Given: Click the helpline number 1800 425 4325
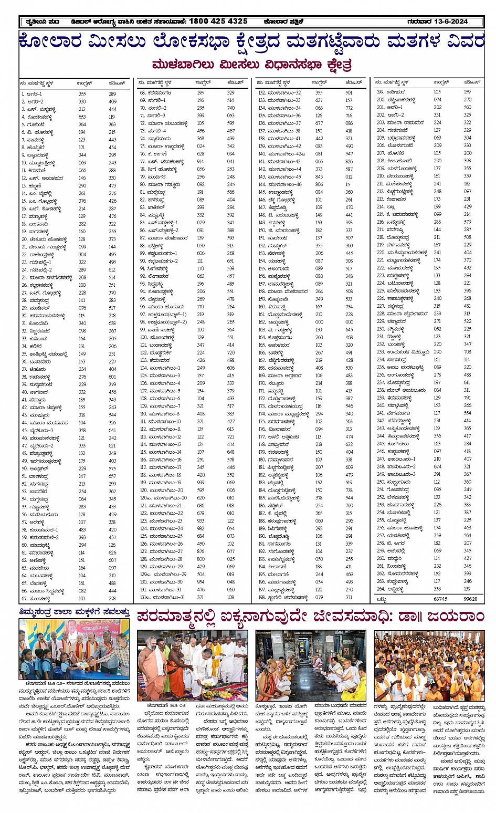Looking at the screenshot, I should pyautogui.click(x=218, y=22).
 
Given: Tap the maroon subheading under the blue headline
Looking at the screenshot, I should pyautogui.click(x=251, y=65).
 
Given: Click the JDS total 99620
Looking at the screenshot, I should pyautogui.click(x=470, y=599).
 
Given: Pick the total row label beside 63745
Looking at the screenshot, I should pyautogui.click(x=382, y=599).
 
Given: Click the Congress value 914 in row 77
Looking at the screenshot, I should pyautogui.click(x=200, y=162).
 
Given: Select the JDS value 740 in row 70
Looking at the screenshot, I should pyautogui.click(x=230, y=108).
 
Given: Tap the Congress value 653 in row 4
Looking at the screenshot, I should pyautogui.click(x=82, y=117).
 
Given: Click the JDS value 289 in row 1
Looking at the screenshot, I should pyautogui.click(x=112, y=94).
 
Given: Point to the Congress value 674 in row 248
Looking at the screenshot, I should pyautogui.click(x=437, y=466).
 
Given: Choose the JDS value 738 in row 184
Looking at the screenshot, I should pyautogui.click(x=349, y=491).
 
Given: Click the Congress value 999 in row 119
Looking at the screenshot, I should pyautogui.click(x=200, y=483).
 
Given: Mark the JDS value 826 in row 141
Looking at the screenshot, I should pyautogui.click(x=349, y=162).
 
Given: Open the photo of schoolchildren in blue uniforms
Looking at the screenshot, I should pyautogui.click(x=74, y=649).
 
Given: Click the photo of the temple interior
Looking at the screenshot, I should pyautogui.click(x=311, y=665).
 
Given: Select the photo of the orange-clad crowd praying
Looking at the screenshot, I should pyautogui.click(x=429, y=665).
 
